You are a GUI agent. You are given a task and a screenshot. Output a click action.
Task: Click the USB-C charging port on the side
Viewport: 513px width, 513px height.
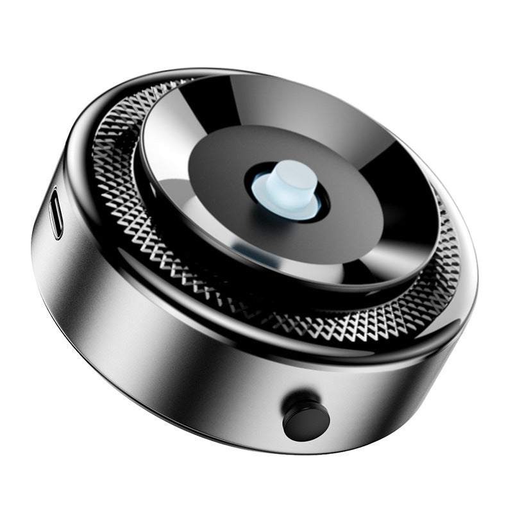(56, 212)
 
